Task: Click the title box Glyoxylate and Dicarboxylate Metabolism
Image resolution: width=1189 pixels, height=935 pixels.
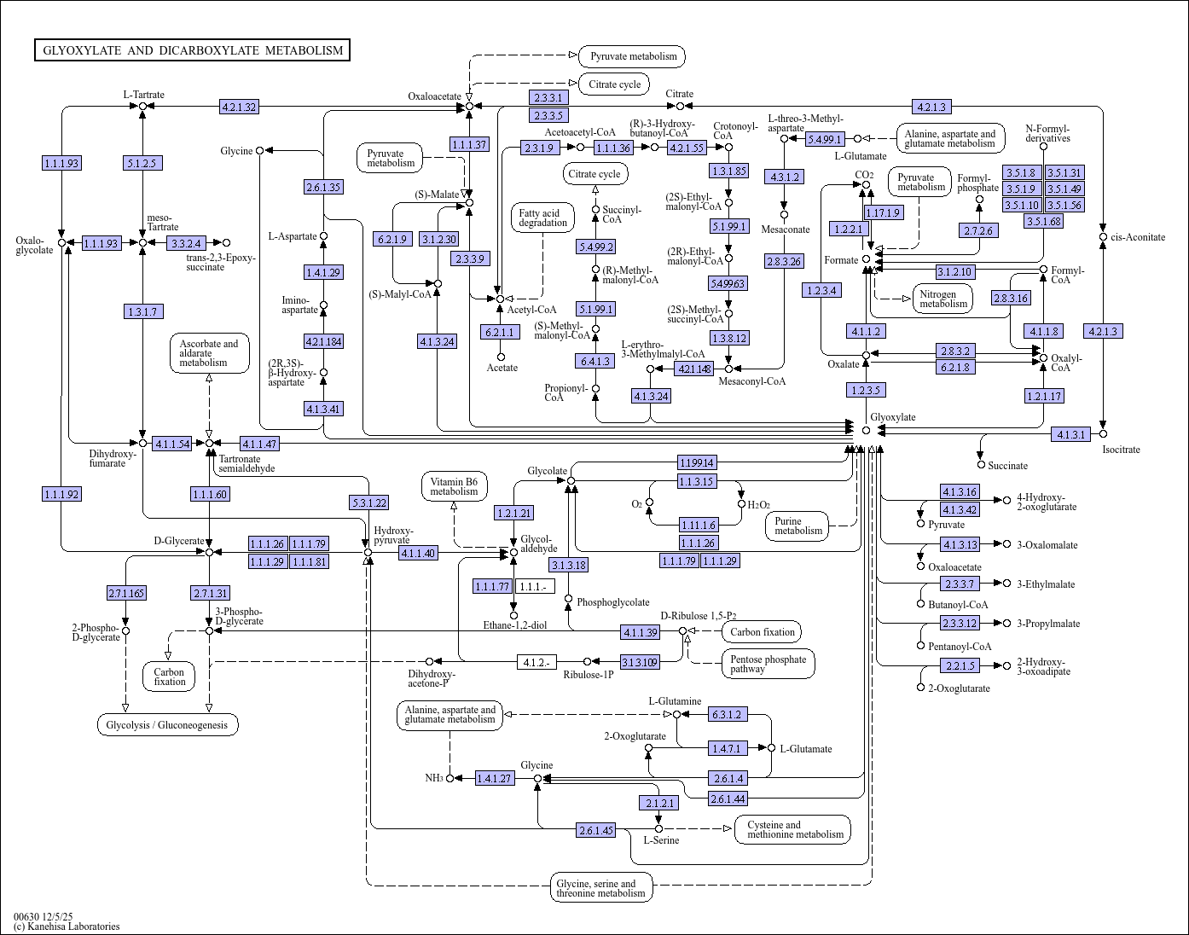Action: [192, 50]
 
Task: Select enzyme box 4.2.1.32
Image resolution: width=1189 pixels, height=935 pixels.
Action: [239, 107]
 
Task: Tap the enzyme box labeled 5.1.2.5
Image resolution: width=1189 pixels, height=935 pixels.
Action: [142, 163]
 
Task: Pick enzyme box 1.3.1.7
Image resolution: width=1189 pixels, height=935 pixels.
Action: [143, 311]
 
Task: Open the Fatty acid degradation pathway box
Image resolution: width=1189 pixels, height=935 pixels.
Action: [542, 218]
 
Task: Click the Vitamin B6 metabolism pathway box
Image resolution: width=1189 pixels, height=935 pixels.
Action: [454, 486]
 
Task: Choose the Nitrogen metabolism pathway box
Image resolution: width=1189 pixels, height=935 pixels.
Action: [942, 299]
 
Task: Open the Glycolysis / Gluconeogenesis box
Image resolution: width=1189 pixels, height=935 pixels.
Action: [167, 725]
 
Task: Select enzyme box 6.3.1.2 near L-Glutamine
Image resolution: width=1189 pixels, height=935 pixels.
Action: [727, 715]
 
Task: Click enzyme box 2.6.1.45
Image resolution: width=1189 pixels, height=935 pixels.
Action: [596, 830]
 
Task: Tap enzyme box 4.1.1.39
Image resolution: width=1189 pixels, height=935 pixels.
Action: [641, 632]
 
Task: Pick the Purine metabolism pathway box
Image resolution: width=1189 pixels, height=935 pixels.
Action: [797, 526]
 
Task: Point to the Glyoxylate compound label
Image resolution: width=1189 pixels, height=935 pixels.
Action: [893, 417]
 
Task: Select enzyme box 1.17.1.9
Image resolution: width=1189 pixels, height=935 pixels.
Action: [884, 212]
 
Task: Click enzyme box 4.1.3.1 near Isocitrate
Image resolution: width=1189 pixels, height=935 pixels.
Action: [1070, 434]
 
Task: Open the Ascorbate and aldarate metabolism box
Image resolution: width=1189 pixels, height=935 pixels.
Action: [210, 353]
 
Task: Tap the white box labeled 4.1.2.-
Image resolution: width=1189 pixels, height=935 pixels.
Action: [536, 662]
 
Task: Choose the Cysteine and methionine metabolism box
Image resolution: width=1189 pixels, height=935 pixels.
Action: [793, 829]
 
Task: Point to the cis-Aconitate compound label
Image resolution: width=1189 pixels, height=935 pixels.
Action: [1138, 237]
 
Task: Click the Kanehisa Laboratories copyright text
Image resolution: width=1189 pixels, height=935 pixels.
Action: [67, 926]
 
